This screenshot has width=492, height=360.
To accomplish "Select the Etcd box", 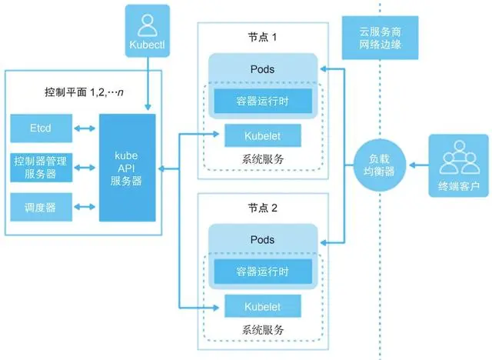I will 42,127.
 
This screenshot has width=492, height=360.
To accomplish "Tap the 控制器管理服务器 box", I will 42,166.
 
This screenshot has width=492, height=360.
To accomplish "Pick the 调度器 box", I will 42,206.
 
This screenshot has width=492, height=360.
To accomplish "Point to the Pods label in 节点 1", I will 263,69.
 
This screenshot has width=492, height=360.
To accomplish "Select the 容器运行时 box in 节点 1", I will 263,101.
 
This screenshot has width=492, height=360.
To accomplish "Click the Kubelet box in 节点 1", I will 263,135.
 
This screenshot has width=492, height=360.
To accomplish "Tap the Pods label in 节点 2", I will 263,239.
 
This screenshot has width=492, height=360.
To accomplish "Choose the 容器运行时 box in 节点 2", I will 263,271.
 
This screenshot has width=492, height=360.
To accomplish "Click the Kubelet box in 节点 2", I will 263,305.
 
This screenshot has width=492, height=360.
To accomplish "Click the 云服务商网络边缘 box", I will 380,38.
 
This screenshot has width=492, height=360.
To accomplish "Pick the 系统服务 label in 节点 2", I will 263,329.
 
